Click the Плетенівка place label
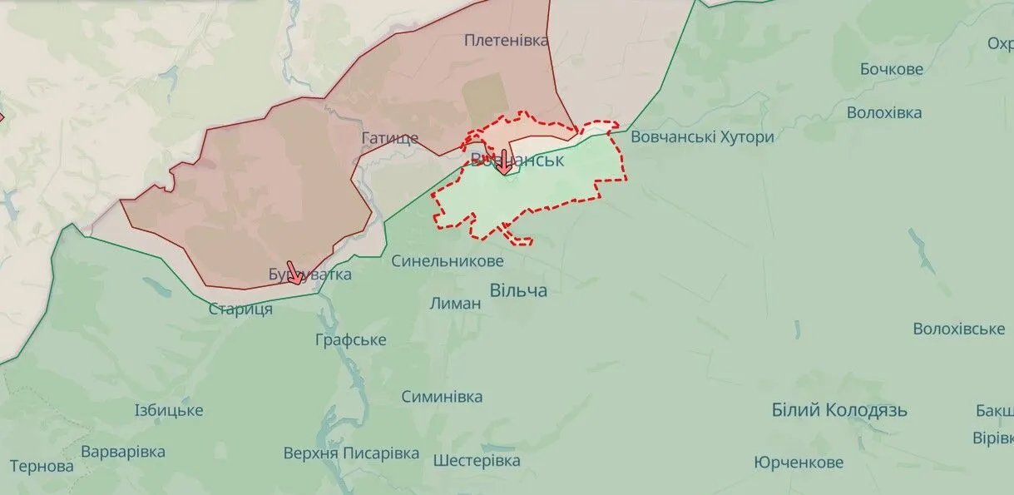[507, 40]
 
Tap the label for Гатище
[390, 138]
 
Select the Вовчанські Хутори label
[702, 137]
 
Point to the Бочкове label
[892, 69]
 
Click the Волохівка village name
[884, 112]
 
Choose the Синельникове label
[448, 261]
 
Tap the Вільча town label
[518, 290]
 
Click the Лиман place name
[455, 304]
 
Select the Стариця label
[240, 309]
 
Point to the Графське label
[351, 340]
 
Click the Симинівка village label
[442, 397]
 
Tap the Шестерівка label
[477, 460]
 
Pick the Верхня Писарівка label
[351, 453]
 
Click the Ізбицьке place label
[169, 410]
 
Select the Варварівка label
[123, 453]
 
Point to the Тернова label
[42, 466]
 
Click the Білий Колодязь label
[839, 410]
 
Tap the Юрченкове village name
[799, 463]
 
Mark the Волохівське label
[958, 329]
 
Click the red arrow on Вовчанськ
[504, 162]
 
